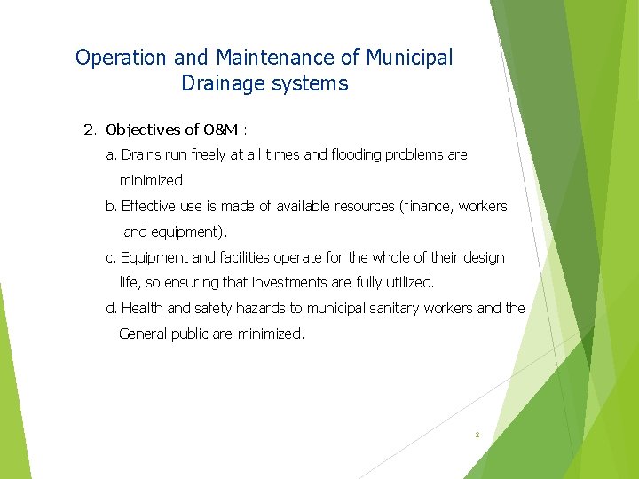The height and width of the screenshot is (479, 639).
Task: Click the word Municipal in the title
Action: pyautogui.click(x=409, y=58)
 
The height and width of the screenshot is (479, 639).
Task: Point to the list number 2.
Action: pyautogui.click(x=89, y=130)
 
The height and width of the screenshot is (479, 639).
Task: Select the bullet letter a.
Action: pyautogui.click(x=111, y=155)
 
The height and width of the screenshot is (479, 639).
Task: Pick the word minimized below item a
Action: pyautogui.click(x=151, y=181)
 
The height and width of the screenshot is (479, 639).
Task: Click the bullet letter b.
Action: pyautogui.click(x=111, y=207)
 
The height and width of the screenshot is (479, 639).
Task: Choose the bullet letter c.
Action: pyautogui.click(x=111, y=258)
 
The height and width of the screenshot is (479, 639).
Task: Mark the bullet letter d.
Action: pyautogui.click(x=111, y=309)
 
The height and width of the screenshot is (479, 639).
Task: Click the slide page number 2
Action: pyautogui.click(x=477, y=435)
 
